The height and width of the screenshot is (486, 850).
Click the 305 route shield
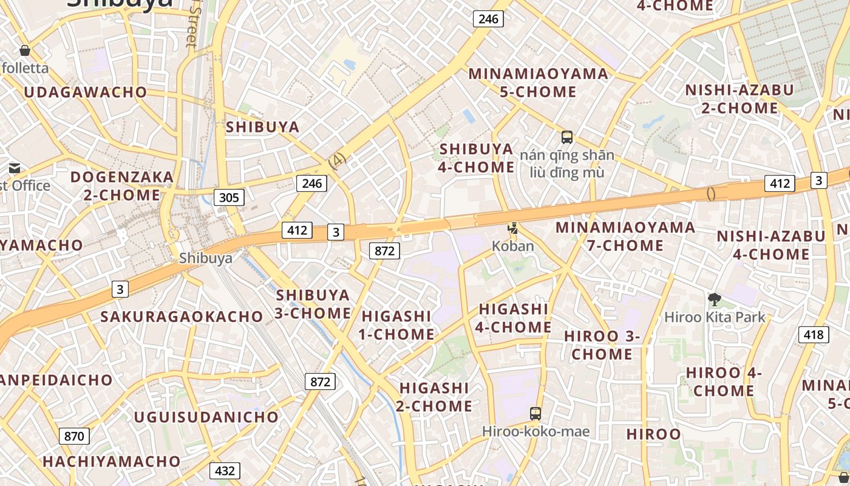(229, 197)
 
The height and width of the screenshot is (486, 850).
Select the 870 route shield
(74, 436)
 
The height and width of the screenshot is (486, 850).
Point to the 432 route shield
(225, 471)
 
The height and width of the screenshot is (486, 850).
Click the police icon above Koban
(513, 229)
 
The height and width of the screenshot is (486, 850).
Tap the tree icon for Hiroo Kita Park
(715, 299)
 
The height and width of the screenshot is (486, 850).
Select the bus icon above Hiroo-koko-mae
(535, 414)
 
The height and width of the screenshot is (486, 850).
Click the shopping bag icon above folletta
(25, 50)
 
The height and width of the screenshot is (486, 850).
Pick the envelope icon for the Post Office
(15, 168)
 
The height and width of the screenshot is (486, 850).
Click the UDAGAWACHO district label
(86, 92)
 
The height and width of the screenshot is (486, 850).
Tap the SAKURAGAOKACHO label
(182, 317)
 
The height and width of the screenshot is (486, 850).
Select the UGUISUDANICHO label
(206, 417)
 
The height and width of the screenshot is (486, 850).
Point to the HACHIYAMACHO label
(112, 462)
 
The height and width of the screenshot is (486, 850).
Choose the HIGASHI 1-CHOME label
(396, 325)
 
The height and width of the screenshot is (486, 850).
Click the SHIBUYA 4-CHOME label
(477, 158)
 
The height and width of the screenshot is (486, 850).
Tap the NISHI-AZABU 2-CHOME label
(739, 99)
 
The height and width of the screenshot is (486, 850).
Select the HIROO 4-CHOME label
(724, 382)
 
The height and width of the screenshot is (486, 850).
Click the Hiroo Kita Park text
(715, 317)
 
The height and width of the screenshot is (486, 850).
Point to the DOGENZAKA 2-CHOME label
(122, 186)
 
